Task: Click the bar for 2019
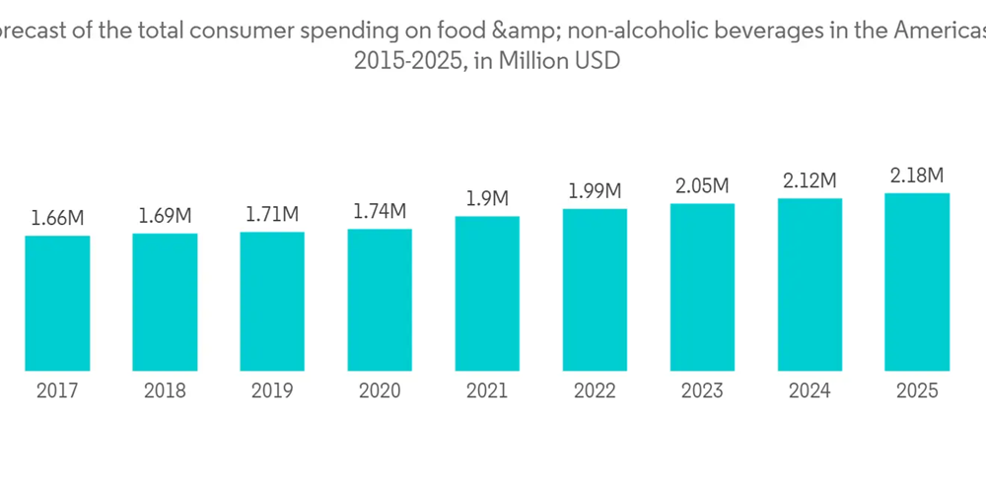(x=272, y=302)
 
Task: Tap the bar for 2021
(x=487, y=294)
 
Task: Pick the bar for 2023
(x=702, y=287)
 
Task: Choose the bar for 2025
(x=917, y=282)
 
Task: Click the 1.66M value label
(x=57, y=218)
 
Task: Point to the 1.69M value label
(x=165, y=216)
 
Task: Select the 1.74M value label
(x=380, y=211)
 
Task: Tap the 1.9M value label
(x=487, y=198)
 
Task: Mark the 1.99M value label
(x=595, y=190)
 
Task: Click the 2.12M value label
(x=810, y=180)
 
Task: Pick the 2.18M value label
(x=917, y=176)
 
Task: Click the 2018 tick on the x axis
(x=165, y=391)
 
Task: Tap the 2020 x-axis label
(x=380, y=391)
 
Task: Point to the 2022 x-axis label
(x=595, y=391)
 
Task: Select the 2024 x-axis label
(x=810, y=391)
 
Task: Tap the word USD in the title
(x=598, y=61)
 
